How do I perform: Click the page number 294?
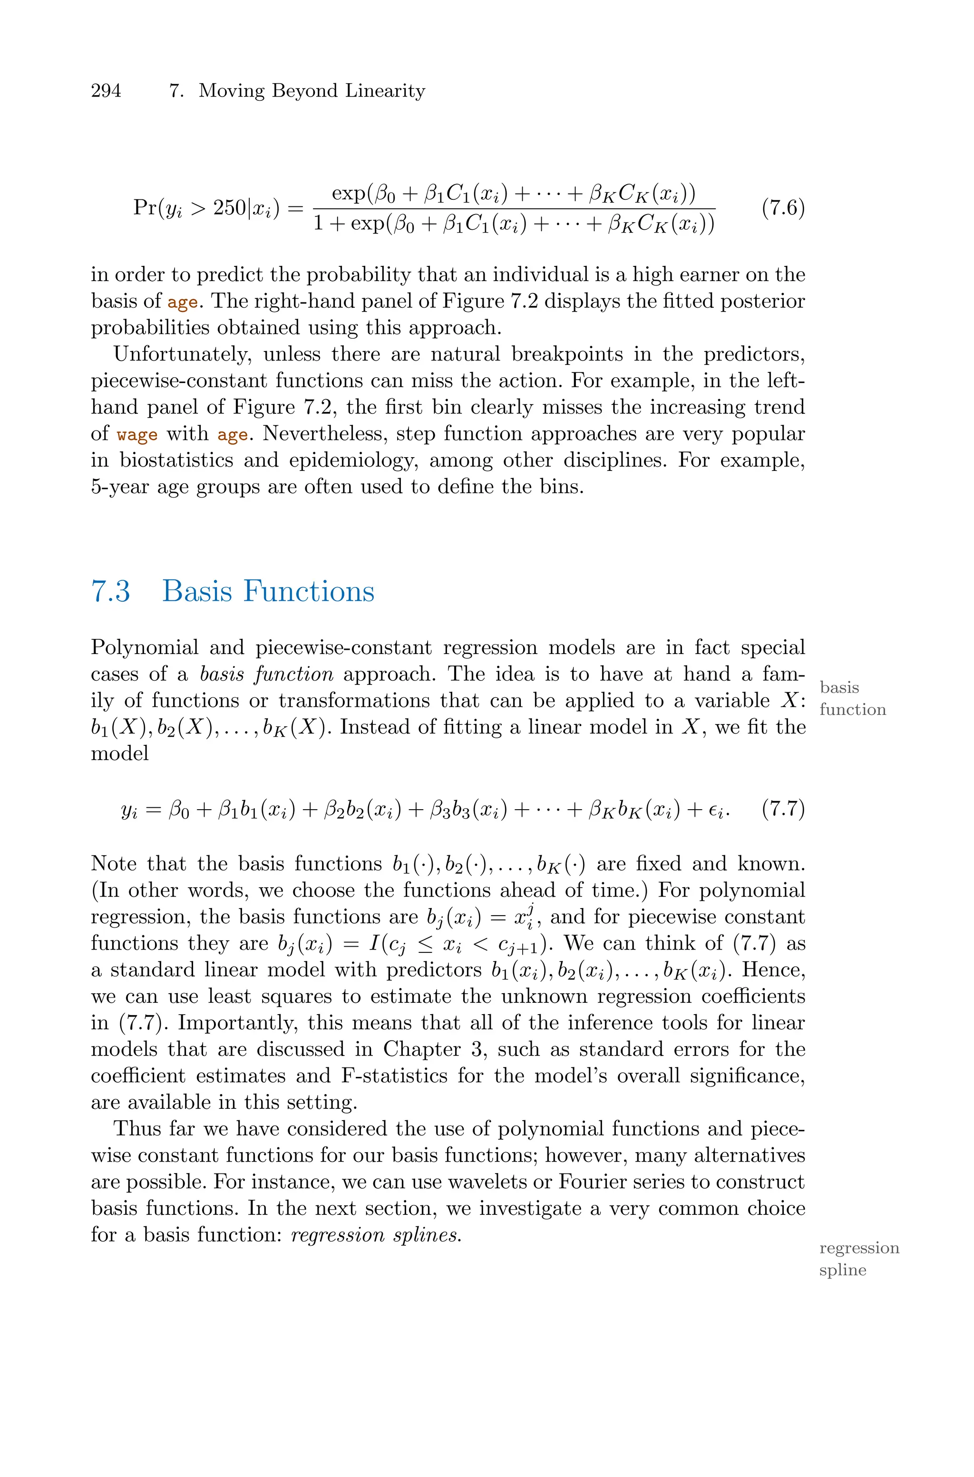coord(106,91)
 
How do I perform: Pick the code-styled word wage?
coord(136,434)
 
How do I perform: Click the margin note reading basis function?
coord(852,698)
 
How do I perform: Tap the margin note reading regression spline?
coord(858,1258)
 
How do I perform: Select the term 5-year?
coord(118,487)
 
